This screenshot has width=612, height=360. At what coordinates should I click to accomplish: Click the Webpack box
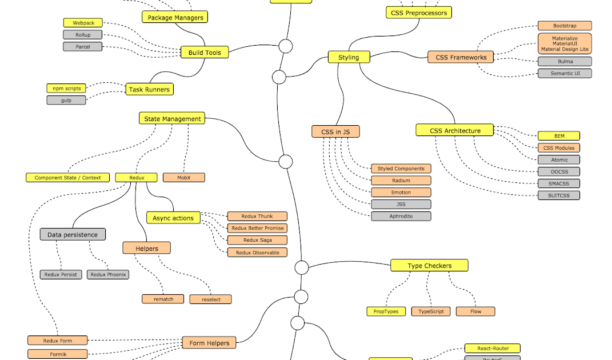[x=83, y=23]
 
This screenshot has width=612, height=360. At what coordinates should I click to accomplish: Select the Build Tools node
[x=205, y=53]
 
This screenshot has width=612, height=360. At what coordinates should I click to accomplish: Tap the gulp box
[x=66, y=100]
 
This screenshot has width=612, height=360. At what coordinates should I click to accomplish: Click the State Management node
[x=172, y=119]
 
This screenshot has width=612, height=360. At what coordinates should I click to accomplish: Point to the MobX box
[x=183, y=178]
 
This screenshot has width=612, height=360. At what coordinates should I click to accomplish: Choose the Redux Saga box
[x=257, y=241]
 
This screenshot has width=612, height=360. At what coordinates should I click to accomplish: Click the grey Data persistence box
[x=73, y=235]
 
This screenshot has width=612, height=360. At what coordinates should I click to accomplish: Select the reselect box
[x=210, y=299]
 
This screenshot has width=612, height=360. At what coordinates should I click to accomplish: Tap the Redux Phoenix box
[x=108, y=275]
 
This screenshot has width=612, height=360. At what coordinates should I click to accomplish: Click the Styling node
[x=349, y=57]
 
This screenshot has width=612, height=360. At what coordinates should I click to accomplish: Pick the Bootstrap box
[x=565, y=26]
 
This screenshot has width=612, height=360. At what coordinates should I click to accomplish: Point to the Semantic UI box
[x=565, y=73]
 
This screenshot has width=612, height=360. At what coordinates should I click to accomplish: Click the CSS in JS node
[x=335, y=132]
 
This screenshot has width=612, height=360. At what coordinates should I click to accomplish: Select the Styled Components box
[x=401, y=169]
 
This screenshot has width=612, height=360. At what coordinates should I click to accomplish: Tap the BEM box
[x=559, y=136]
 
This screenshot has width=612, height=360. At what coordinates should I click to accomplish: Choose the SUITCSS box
[x=559, y=195]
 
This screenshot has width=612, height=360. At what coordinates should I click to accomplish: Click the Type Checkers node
[x=429, y=266]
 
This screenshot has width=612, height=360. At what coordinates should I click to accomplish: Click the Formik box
[x=58, y=354]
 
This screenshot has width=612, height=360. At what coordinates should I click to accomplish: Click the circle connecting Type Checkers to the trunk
[x=301, y=267]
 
